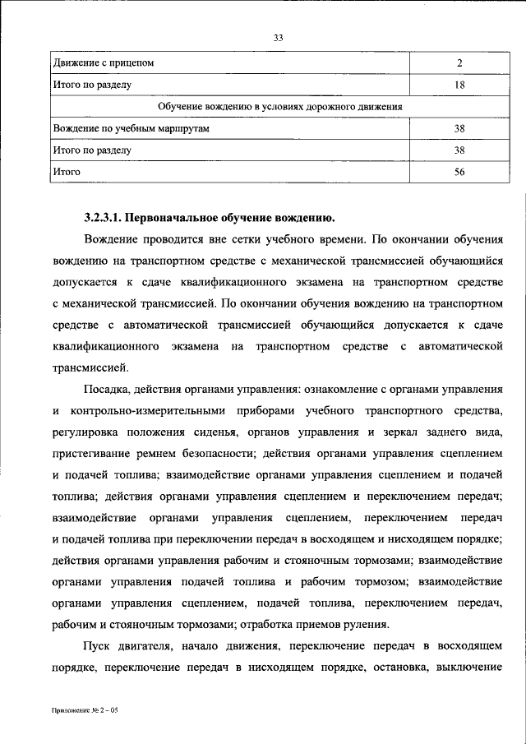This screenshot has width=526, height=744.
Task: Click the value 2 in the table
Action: click(459, 62)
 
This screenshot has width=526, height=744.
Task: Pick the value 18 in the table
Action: click(459, 85)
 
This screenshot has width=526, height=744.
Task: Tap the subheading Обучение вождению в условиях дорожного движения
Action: click(279, 107)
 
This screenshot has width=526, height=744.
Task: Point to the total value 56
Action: click(459, 173)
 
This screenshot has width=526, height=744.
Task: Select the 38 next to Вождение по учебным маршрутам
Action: click(459, 129)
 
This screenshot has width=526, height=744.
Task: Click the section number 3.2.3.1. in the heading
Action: click(103, 218)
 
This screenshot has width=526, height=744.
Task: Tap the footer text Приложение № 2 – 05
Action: click(85, 708)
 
